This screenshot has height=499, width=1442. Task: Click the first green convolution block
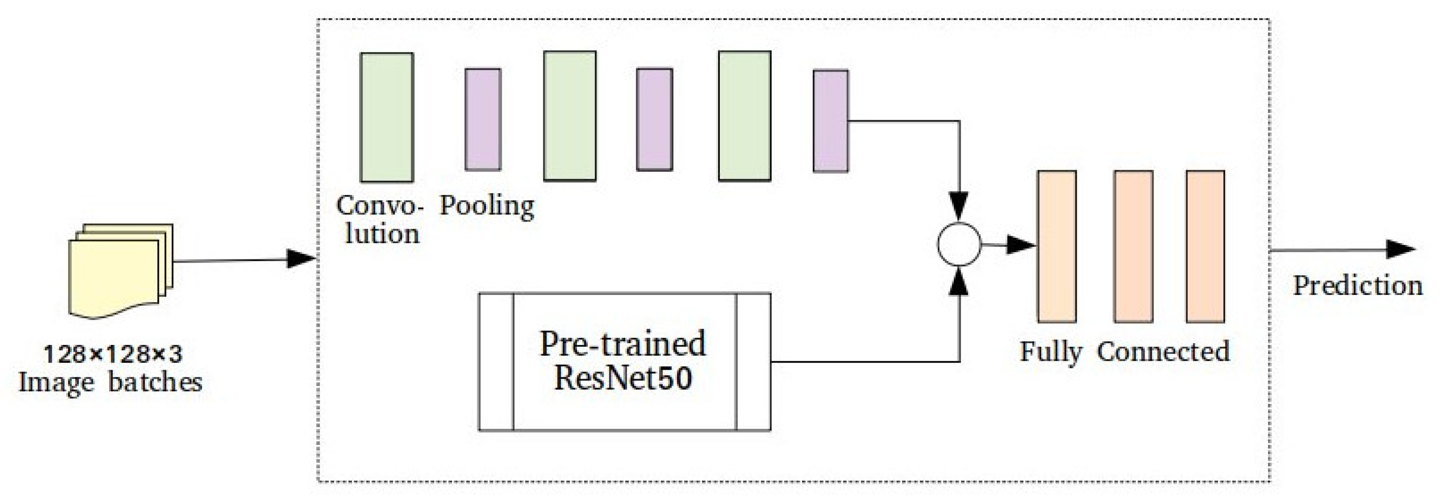click(x=387, y=118)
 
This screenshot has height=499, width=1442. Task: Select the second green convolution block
click(x=570, y=116)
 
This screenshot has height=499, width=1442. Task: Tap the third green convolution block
click(x=745, y=116)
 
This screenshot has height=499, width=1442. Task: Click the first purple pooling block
click(x=483, y=119)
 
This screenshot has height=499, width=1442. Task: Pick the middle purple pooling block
click(x=655, y=119)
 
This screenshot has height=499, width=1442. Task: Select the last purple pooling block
click(x=831, y=120)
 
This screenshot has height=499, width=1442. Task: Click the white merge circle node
click(x=959, y=245)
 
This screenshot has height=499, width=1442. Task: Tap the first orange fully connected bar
click(x=1057, y=246)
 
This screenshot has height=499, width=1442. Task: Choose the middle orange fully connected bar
click(x=1133, y=246)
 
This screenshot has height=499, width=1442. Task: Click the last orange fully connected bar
click(x=1205, y=246)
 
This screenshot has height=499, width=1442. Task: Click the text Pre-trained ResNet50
click(x=623, y=361)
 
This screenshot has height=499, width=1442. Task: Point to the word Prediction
click(x=1357, y=286)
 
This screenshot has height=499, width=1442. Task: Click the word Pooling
click(x=486, y=206)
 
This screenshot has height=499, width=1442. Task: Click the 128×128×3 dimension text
click(x=113, y=354)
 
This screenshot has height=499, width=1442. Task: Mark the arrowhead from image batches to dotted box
click(x=301, y=259)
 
